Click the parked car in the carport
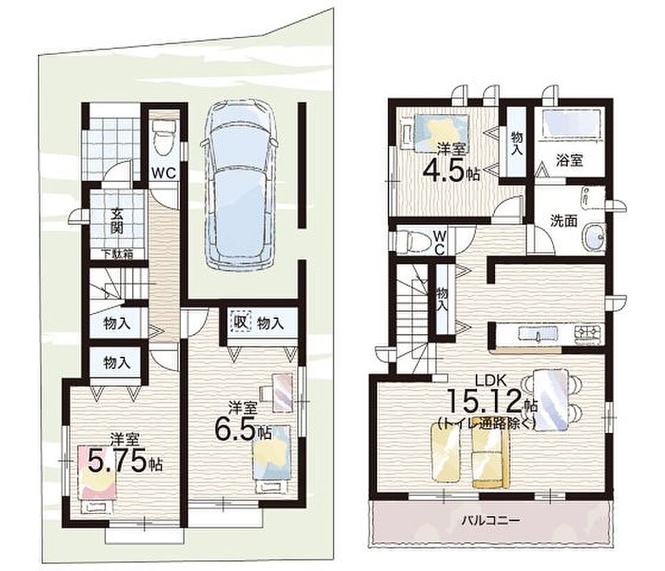[241, 184]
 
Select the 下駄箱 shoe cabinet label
[116, 254]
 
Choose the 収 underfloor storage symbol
[241, 323]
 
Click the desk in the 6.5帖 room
[278, 392]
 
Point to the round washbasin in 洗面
[594, 236]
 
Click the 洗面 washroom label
[564, 221]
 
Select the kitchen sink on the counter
[537, 333]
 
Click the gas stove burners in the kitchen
[589, 333]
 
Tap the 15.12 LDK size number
[484, 401]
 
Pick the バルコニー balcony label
[491, 520]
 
